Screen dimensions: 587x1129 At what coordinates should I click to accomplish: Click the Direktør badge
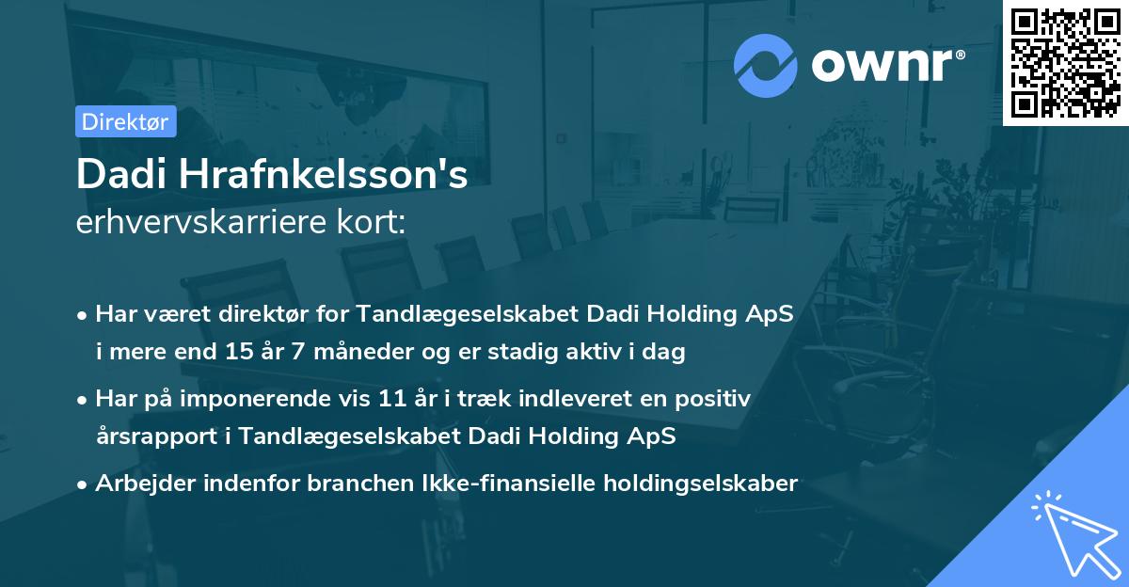[125, 121]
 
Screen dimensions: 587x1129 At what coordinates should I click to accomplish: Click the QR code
[1065, 62]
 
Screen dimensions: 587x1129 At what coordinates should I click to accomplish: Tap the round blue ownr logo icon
[766, 66]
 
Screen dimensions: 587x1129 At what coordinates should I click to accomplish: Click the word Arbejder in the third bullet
[140, 484]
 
